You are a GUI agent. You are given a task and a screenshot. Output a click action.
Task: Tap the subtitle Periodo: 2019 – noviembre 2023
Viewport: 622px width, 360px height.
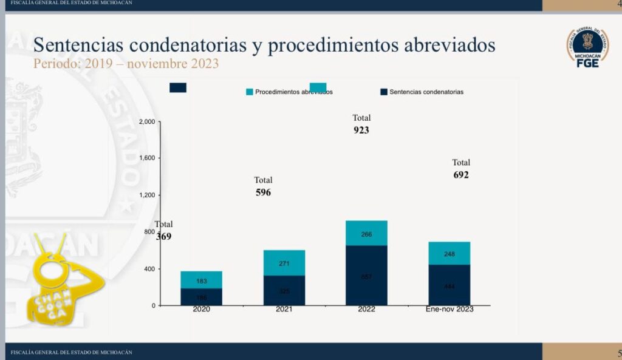(126, 63)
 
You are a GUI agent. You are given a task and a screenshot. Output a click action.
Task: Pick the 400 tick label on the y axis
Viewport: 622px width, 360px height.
(149, 269)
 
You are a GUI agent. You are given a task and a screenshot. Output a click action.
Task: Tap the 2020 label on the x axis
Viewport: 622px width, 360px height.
(201, 309)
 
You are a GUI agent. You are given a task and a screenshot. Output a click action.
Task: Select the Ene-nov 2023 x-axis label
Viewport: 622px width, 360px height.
(449, 309)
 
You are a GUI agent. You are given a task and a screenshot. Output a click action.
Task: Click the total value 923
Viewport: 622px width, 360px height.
(361, 130)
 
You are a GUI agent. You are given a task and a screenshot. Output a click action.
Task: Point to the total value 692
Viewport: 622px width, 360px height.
(461, 175)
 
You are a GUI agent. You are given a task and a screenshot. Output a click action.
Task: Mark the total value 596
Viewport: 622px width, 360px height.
(263, 192)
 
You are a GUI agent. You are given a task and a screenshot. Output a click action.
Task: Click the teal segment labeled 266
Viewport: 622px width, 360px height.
(366, 233)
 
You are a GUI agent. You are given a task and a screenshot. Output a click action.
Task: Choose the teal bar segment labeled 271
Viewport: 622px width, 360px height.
(284, 263)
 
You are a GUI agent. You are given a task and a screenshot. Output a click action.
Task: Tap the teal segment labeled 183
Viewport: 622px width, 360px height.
(201, 280)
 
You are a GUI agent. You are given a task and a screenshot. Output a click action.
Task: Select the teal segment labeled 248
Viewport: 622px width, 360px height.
(449, 253)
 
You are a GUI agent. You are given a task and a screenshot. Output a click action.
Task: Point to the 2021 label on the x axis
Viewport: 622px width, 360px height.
(284, 309)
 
